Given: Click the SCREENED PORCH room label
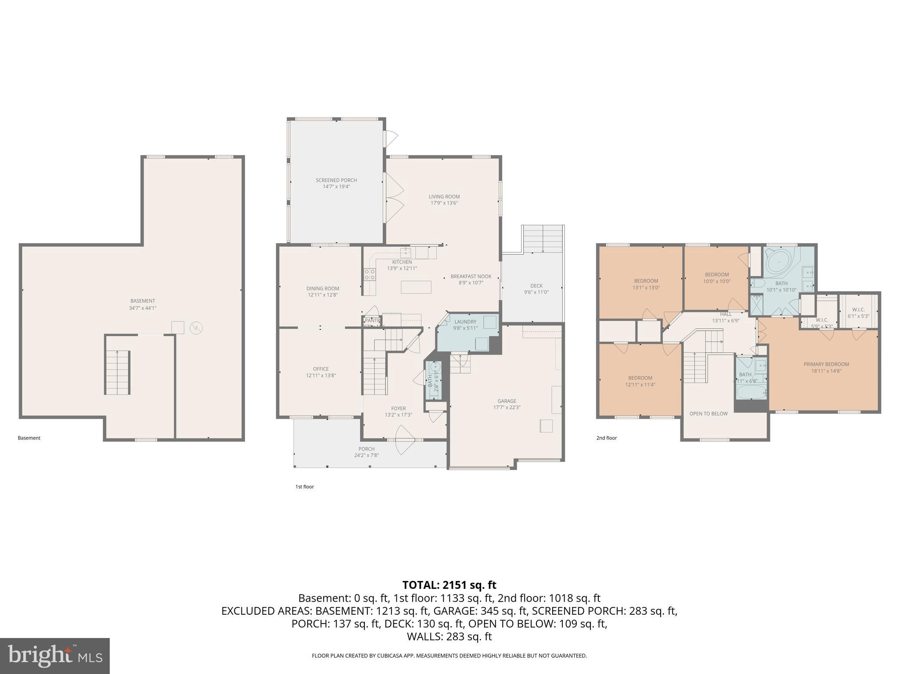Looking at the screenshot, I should coord(336,180).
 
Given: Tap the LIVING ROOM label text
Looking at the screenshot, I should coord(444,197).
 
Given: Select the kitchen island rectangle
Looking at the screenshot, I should coord(416,287).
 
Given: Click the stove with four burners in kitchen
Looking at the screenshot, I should coord(370,275).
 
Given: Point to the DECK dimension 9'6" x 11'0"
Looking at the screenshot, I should coord(536,292).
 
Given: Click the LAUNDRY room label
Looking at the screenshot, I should coord(465,322).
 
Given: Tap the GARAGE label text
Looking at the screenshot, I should coord(507,401).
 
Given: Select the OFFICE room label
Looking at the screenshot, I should coord(321,369).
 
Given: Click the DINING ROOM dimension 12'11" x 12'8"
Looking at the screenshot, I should coord(323,295).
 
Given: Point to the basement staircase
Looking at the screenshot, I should coord(117,373).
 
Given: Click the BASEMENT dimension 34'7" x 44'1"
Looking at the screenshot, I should coord(143,308).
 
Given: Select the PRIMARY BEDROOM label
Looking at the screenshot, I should coord(826,364).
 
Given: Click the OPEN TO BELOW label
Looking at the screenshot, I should coord(708,413).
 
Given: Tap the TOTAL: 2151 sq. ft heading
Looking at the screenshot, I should coord(449,585).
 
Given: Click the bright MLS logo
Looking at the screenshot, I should coord(55,656).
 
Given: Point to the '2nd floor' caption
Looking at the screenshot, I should coord(606,438).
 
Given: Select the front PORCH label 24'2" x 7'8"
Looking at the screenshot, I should coord(366,452).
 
